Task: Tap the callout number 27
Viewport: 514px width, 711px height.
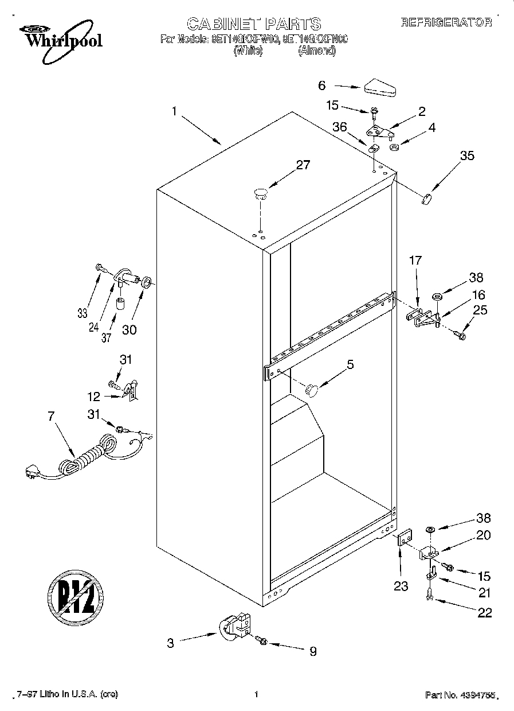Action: [x=303, y=165]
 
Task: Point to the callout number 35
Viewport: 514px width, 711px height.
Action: [x=468, y=155]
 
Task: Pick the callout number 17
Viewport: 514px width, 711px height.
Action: [x=415, y=261]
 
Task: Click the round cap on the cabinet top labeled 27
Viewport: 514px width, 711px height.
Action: [x=261, y=193]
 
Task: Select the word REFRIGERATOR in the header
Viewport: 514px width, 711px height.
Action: [x=446, y=23]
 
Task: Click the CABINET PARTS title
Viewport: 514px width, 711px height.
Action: [x=254, y=24]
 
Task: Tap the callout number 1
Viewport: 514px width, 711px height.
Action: [x=174, y=111]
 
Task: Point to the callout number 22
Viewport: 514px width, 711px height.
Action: [x=484, y=612]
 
